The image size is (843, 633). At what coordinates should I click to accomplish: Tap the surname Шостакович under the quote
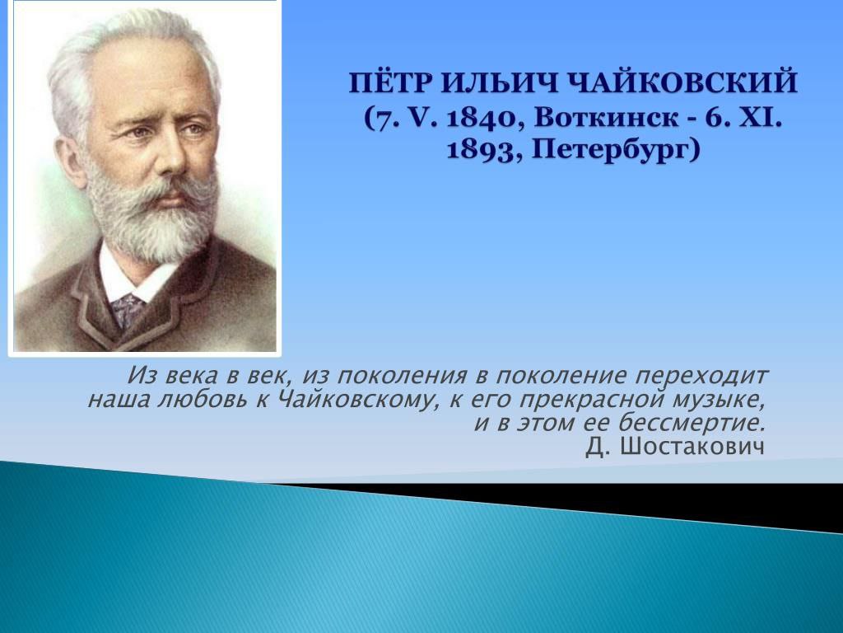pyautogui.click(x=692, y=446)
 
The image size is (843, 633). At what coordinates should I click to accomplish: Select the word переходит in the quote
pyautogui.click(x=701, y=376)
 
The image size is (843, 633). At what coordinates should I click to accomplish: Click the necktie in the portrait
pyautogui.click(x=127, y=309)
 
